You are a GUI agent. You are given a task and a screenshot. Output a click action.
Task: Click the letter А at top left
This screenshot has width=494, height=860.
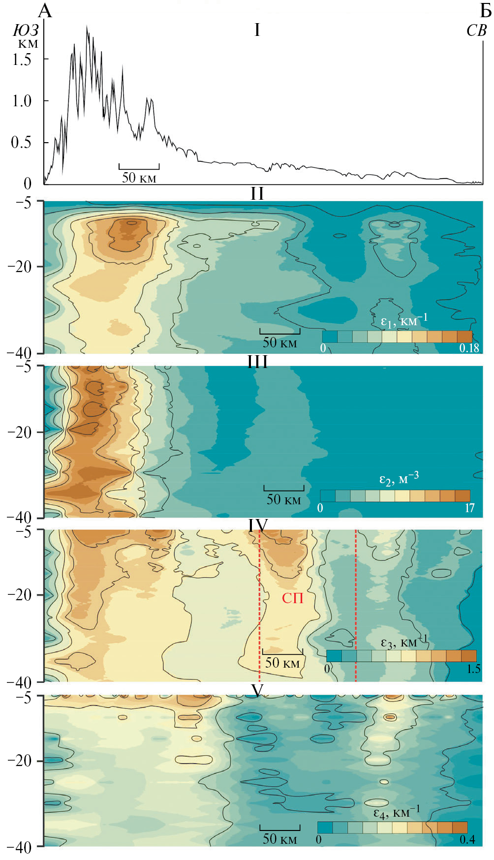coord(45,11)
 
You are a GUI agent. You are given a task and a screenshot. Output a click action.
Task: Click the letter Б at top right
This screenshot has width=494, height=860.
coord(486,11)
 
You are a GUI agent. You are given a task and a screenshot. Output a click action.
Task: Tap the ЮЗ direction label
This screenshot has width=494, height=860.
coord(26,31)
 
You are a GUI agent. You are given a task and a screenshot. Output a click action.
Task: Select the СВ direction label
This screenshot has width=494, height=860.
coord(476,31)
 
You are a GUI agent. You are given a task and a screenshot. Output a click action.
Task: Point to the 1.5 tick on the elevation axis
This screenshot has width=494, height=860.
coord(22,60)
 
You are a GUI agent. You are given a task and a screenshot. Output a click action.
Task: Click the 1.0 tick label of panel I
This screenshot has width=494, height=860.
coord(22,101)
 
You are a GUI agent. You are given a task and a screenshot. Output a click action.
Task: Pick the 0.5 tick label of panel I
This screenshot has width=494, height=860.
coord(22,143)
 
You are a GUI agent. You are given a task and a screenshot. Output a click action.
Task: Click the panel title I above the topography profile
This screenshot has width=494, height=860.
coord(257,31)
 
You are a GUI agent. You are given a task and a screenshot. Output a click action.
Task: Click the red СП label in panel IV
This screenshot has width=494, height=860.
coord(292,598)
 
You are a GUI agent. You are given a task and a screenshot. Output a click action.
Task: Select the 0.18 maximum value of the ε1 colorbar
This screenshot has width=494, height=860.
coord(469,348)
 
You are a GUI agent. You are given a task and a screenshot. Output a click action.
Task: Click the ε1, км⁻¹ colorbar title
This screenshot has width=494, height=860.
coord(404,321)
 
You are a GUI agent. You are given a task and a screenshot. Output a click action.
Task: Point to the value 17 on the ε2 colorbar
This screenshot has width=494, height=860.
coord(470,508)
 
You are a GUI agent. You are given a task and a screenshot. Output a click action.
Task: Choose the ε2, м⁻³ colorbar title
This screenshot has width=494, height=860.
coord(399,479)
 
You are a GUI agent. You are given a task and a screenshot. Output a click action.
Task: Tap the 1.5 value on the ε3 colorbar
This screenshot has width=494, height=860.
coord(473,669)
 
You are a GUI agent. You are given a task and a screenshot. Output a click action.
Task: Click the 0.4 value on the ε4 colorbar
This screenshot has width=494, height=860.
coord(467,839)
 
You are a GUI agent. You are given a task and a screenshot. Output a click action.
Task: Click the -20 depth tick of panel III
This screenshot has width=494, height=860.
coord(20,432)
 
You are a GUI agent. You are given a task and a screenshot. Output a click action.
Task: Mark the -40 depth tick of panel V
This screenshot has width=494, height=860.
coord(20,847)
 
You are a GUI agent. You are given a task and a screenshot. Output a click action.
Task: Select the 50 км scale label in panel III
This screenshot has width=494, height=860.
coord(283,499)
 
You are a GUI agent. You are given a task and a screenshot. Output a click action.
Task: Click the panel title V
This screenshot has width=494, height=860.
coord(257,691)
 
